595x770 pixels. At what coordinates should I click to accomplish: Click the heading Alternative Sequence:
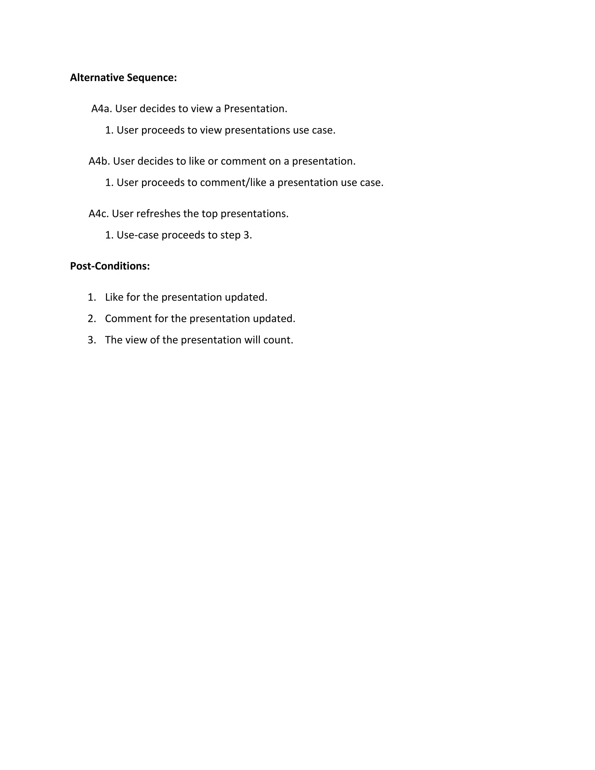tap(123, 78)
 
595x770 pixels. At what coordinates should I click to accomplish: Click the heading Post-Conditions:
tap(110, 266)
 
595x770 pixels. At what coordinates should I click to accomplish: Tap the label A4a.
tap(101, 109)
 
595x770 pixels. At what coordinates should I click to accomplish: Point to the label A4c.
tap(99, 214)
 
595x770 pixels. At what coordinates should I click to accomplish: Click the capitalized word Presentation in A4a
tap(255, 109)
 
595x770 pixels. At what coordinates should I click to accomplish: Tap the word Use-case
tap(137, 235)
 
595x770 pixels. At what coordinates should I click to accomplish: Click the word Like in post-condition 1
tap(114, 297)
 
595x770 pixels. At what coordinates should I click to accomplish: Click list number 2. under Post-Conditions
tap(92, 319)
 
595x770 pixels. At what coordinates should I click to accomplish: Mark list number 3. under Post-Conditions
tap(92, 340)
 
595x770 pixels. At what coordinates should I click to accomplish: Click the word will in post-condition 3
tap(252, 340)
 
